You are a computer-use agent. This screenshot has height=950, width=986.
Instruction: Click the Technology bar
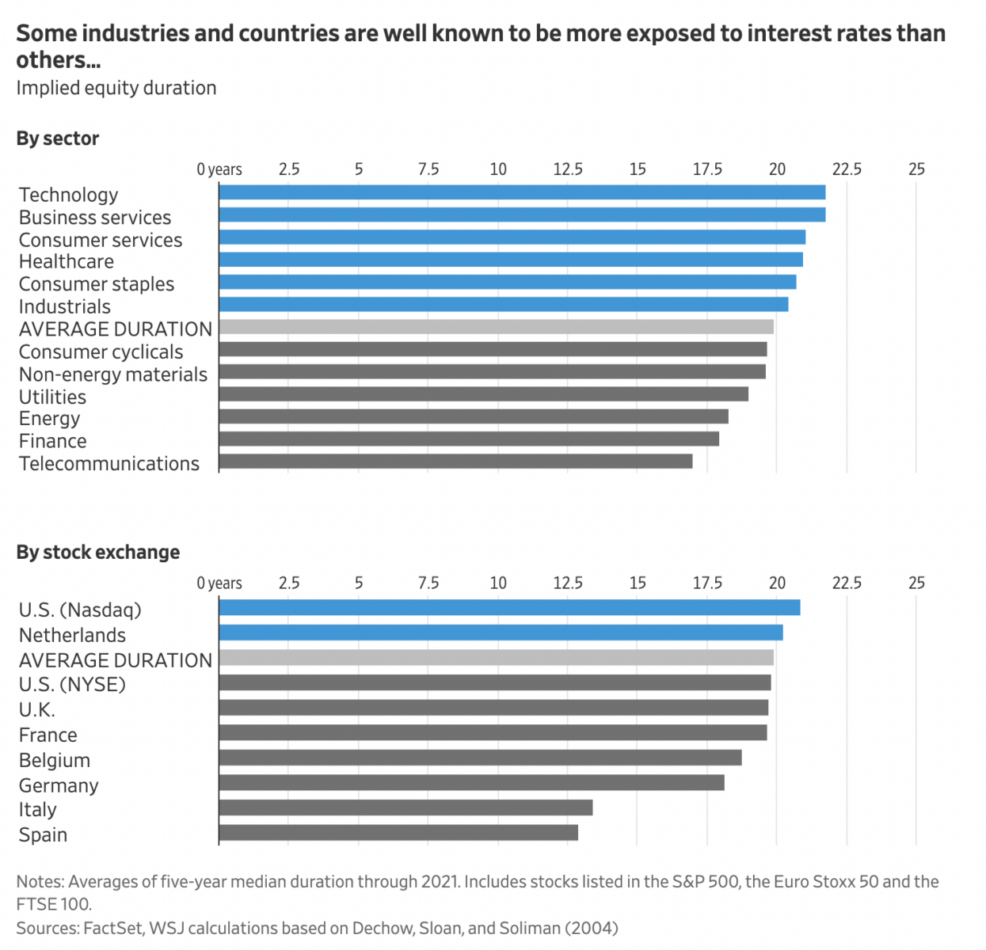coord(522,192)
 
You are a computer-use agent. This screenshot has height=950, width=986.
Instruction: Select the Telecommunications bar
coord(455,462)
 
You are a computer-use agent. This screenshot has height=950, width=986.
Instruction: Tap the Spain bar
coord(398,833)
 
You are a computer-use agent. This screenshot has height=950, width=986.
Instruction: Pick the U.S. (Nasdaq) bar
coord(509,607)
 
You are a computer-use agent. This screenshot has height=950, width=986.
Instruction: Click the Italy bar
coord(405,807)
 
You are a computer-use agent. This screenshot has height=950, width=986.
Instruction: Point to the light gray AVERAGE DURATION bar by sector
coord(497,327)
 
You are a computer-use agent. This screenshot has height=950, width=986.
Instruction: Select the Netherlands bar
coord(501,633)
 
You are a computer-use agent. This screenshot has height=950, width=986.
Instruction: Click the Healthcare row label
coord(67,262)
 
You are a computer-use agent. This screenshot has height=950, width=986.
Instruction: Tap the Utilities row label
coord(53,397)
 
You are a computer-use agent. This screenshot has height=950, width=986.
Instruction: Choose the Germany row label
coord(59,785)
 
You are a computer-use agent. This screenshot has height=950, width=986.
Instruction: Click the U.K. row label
coord(37,709)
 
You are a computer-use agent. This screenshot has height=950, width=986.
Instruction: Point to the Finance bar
coord(469,439)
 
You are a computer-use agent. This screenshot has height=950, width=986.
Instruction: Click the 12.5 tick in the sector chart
coord(568,169)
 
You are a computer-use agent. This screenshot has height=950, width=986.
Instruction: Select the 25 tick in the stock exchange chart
coord(916,583)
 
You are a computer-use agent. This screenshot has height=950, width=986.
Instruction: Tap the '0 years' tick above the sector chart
coord(219,169)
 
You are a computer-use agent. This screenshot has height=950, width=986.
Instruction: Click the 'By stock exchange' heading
coord(98,553)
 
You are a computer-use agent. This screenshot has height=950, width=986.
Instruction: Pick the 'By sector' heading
coord(58,139)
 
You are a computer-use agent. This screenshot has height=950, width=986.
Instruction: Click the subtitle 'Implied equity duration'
coord(116,88)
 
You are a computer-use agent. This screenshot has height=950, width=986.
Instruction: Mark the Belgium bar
coord(480,758)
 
